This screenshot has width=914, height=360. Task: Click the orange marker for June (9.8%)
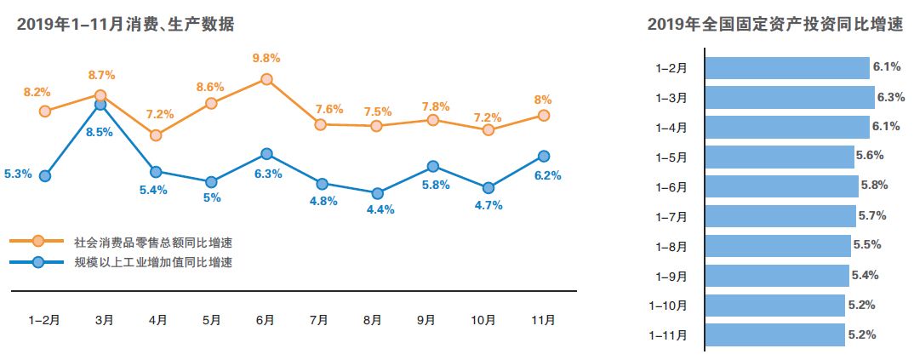(266, 79)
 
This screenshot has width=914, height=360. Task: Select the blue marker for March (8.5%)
(100, 104)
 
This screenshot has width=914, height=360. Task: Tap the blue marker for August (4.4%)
(378, 193)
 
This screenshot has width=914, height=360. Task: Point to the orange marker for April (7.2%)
(156, 134)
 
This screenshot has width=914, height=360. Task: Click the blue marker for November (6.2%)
(543, 156)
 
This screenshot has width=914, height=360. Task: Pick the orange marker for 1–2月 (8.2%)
(45, 111)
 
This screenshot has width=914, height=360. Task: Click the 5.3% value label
(18, 174)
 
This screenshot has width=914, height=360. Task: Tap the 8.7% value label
(100, 76)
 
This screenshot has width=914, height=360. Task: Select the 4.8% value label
(323, 201)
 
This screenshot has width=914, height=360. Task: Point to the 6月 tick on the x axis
(265, 320)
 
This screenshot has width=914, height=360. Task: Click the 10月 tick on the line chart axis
(483, 320)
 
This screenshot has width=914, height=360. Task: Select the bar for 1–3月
(791, 97)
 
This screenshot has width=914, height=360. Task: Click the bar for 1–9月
(778, 276)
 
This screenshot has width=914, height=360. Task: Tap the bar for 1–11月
(775, 335)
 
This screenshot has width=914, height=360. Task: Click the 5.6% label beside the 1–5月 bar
(871, 156)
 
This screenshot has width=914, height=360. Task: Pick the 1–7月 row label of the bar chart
(671, 216)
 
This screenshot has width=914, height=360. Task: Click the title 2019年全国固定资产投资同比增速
(774, 26)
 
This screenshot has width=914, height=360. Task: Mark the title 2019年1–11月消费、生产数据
(125, 26)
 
